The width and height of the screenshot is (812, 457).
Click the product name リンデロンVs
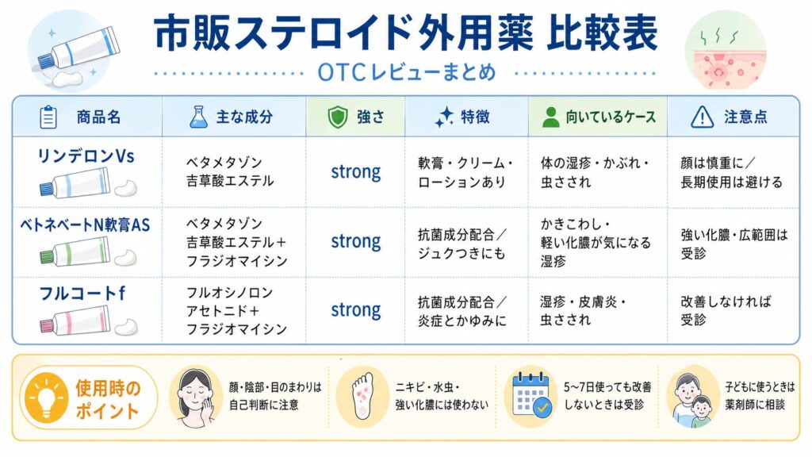86,156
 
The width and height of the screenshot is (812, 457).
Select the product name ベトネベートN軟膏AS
85,225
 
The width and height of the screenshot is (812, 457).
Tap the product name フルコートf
82,294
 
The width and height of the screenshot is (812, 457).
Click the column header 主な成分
244,117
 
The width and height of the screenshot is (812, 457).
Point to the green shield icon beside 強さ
338,117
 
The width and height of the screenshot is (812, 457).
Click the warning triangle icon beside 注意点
703,117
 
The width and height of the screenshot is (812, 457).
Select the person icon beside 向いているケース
550,117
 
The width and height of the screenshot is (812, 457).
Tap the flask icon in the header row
198,117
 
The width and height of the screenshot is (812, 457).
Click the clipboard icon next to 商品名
48,117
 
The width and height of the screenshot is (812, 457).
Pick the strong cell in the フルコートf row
356,310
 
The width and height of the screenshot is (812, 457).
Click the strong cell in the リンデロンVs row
356,172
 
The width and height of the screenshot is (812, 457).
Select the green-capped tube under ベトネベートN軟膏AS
75,252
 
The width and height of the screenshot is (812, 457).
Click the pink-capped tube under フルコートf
75,321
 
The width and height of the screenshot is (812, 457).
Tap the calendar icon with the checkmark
531,395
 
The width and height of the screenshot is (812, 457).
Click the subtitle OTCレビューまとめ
407,72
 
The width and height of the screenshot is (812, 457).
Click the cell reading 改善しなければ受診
726,310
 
